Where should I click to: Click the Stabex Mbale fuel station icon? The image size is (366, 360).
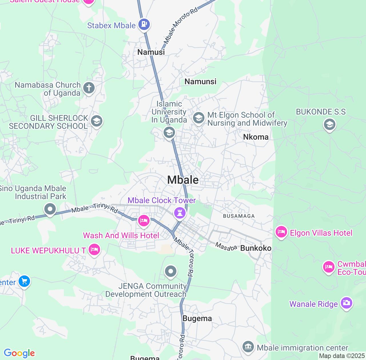[x=144, y=24]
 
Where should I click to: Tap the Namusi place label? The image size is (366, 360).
[x=151, y=52]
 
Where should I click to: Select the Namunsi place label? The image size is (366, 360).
[x=200, y=81]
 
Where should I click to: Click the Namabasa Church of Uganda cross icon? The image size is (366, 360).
[x=89, y=88]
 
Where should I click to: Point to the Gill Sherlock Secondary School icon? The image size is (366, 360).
[x=96, y=121]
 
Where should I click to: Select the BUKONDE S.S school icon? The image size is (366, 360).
[x=329, y=125]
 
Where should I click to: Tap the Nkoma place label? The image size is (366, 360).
[x=256, y=137]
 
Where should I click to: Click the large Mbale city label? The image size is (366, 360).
[x=183, y=180]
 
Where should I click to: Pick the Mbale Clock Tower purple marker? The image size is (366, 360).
[x=180, y=213]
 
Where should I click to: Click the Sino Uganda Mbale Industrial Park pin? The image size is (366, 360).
[x=50, y=209]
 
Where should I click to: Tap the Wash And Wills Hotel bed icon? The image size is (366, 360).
[x=144, y=221]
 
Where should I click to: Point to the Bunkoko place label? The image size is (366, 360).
[x=256, y=248]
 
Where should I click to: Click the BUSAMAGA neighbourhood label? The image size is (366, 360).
[x=239, y=216]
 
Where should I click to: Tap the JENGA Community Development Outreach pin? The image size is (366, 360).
[x=171, y=271]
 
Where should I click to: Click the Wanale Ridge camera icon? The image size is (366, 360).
[x=347, y=303]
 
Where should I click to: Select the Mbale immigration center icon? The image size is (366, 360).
[x=248, y=347]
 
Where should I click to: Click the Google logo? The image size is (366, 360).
[x=19, y=353]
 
